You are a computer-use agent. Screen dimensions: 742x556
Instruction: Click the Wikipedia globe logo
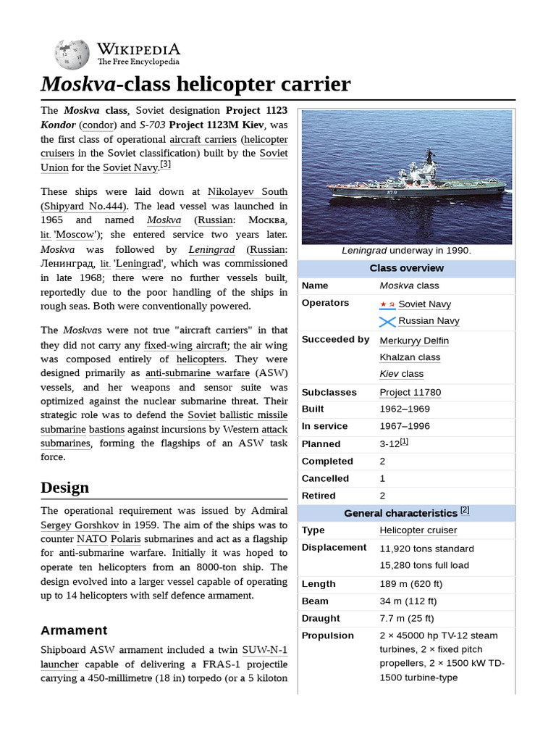tap(71, 53)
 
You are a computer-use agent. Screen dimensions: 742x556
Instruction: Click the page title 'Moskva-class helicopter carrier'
tap(195, 85)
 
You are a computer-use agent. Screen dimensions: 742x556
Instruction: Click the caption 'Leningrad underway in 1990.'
tap(406, 251)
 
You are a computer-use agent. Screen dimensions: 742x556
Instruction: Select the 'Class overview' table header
tap(406, 268)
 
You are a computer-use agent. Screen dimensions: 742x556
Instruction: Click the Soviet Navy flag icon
tap(387, 304)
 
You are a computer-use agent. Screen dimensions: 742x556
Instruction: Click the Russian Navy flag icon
tap(387, 321)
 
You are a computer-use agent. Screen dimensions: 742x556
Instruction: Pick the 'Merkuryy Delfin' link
tap(413, 341)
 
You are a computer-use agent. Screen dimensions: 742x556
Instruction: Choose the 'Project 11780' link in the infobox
tap(410, 392)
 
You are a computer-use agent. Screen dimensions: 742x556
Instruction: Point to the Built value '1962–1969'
tap(405, 409)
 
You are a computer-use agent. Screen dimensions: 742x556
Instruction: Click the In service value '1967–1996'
tap(405, 427)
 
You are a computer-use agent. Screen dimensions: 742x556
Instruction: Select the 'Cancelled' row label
tap(325, 478)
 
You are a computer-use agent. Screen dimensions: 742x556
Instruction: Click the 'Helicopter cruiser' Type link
tap(418, 530)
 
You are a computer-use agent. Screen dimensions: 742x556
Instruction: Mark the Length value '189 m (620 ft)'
tap(411, 584)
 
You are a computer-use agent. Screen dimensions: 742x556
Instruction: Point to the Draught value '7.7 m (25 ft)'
tap(407, 618)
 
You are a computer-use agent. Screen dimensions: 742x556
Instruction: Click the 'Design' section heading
tap(65, 487)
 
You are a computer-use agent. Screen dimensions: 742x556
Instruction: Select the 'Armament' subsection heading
tap(74, 630)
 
